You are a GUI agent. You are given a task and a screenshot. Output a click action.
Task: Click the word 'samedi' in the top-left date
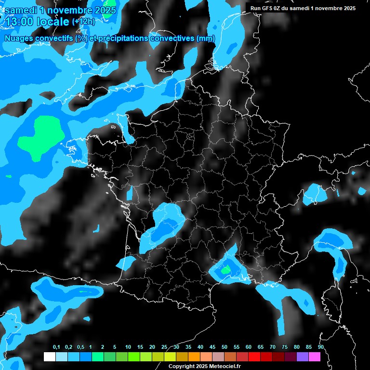pos(23,10)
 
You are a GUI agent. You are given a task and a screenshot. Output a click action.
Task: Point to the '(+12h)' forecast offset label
pos(83,22)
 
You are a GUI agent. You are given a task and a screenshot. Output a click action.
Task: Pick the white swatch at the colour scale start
pos(49,357)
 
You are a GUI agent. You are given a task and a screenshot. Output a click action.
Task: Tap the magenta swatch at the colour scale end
pos(315,357)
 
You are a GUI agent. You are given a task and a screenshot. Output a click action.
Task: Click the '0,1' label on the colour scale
pos(56,347)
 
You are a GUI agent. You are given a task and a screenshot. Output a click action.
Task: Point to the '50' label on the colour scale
pos(225,347)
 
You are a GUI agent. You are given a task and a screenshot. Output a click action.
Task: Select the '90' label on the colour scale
pos(320,347)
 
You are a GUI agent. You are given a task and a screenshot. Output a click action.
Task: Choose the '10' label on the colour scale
pos(128,347)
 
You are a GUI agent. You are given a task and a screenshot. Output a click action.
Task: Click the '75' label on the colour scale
pos(284,347)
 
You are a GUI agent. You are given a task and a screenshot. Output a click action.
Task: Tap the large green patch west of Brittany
pos(42,137)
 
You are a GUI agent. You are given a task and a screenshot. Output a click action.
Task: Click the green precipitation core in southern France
pos(225,270)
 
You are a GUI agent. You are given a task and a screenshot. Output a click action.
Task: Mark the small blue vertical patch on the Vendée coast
pos(130,194)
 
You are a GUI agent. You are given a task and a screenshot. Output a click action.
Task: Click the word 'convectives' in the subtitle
pos(172,39)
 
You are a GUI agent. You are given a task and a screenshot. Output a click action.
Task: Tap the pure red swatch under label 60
pos(254,357)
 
